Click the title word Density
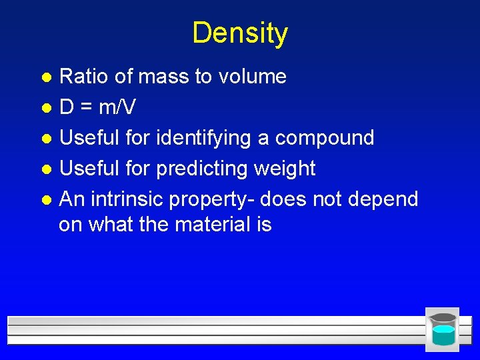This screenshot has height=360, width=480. (240, 33)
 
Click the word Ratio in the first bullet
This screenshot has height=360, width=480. (85, 77)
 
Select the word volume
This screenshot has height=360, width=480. (251, 77)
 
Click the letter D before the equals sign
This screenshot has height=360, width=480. (67, 107)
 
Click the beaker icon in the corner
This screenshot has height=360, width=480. (443, 329)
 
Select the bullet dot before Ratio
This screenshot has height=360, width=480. (46, 77)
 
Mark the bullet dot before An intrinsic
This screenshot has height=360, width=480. (46, 199)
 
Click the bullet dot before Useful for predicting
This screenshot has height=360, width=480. (46, 169)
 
